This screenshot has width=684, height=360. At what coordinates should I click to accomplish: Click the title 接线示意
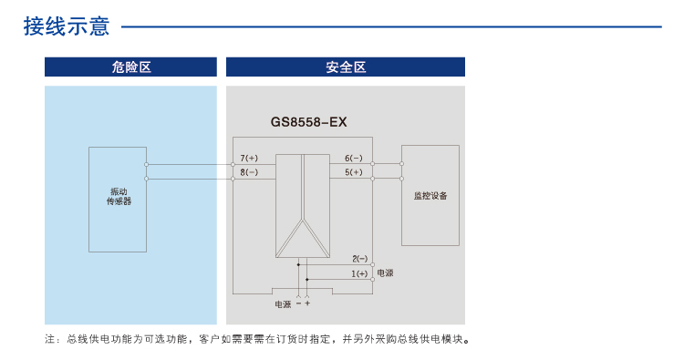tap(67, 26)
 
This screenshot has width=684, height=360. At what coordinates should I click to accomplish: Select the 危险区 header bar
tap(130, 67)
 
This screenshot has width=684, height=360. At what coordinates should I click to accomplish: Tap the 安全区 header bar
tap(345, 67)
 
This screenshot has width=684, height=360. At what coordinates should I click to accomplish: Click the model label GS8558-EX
tap(309, 121)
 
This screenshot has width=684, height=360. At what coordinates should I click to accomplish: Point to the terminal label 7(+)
tap(249, 158)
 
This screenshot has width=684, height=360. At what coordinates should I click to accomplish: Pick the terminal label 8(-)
tap(249, 172)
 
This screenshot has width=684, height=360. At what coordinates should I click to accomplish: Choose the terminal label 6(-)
tap(354, 158)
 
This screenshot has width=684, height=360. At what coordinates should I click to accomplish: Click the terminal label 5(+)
tap(354, 172)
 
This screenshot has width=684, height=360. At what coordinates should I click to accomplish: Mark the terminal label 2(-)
tap(359, 259)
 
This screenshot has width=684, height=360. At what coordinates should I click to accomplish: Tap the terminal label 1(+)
tap(359, 273)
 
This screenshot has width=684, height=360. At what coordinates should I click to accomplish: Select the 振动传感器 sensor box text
tap(119, 196)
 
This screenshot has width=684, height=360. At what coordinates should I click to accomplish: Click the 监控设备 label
tap(430, 195)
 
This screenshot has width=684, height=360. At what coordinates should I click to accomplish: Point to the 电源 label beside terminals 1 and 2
tap(386, 273)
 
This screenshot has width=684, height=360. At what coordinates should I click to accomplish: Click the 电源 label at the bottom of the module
tap(282, 303)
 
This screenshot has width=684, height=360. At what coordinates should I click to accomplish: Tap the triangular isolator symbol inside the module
tap(303, 238)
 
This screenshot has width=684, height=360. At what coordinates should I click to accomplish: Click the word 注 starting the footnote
tap(50, 340)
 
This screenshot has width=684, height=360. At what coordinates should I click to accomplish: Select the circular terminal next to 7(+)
tap(233, 165)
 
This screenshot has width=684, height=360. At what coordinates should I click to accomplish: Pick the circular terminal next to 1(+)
tap(373, 280)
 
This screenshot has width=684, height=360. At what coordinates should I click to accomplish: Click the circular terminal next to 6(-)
tap(373, 165)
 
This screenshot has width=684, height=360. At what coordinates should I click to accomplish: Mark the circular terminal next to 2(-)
tap(373, 265)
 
